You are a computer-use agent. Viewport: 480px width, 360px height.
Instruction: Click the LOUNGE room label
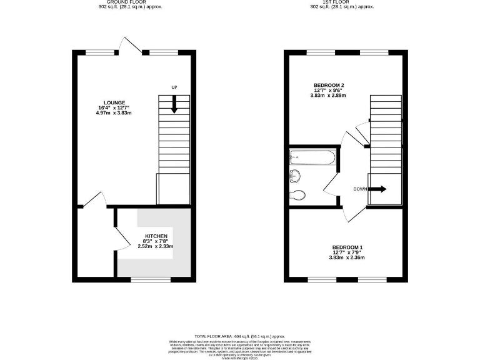click(115, 103)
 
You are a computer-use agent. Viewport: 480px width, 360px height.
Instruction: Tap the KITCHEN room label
click(156, 236)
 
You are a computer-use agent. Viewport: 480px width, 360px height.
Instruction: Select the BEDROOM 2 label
click(329, 85)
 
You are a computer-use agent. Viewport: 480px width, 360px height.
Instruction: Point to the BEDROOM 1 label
click(347, 247)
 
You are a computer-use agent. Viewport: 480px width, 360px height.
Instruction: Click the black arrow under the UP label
click(174, 103)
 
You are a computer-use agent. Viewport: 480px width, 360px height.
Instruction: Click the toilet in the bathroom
click(299, 194)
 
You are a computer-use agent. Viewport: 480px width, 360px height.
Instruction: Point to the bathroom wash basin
click(294, 176)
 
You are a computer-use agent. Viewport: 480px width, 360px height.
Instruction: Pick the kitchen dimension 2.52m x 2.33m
click(156, 246)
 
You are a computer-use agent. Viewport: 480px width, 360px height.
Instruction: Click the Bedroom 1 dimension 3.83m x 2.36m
click(347, 257)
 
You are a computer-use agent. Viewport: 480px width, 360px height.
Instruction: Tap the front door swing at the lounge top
click(132, 45)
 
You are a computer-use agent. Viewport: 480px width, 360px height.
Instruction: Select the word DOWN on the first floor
click(360, 189)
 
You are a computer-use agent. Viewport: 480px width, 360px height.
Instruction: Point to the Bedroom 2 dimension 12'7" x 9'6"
click(329, 91)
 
